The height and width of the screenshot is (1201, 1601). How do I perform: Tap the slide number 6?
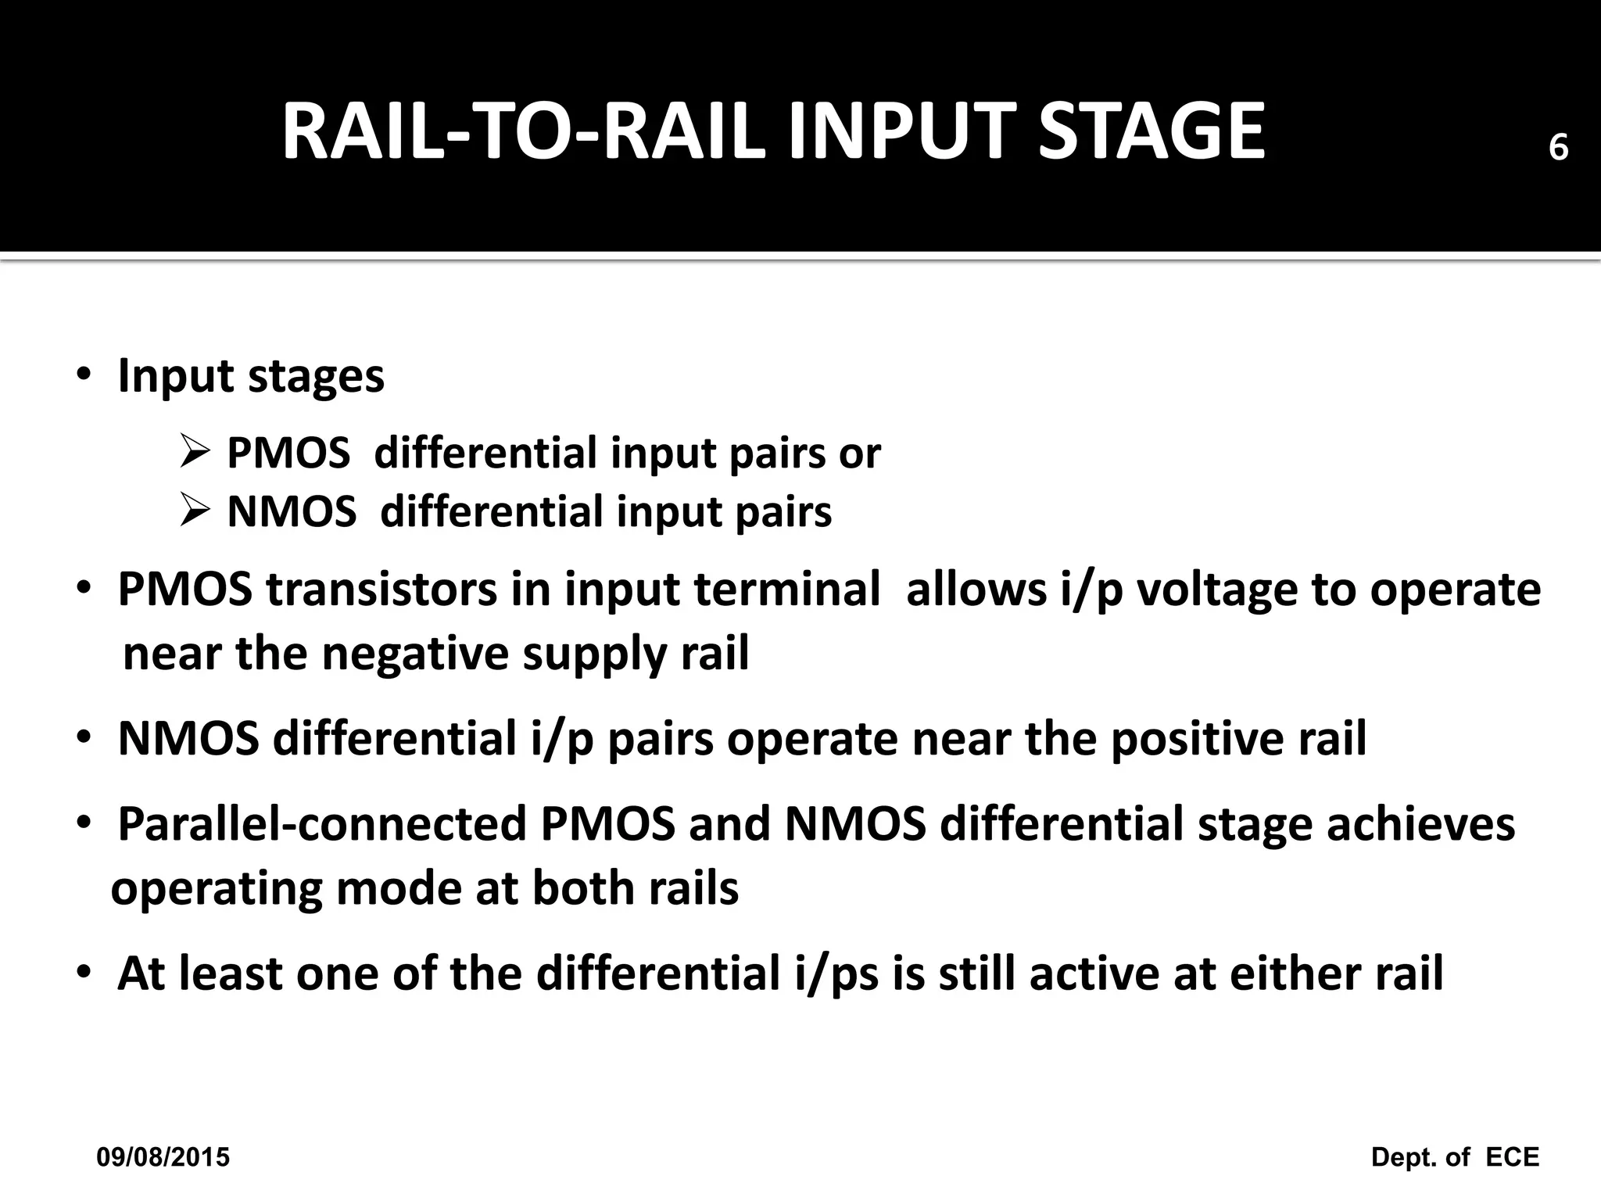[x=1558, y=148]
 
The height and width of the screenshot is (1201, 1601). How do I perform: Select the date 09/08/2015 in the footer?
[x=163, y=1157]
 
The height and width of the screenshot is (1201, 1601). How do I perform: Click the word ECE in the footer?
[x=1512, y=1157]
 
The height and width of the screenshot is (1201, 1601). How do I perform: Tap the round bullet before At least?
[x=84, y=974]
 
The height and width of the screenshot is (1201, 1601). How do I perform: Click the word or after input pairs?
[x=860, y=454]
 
